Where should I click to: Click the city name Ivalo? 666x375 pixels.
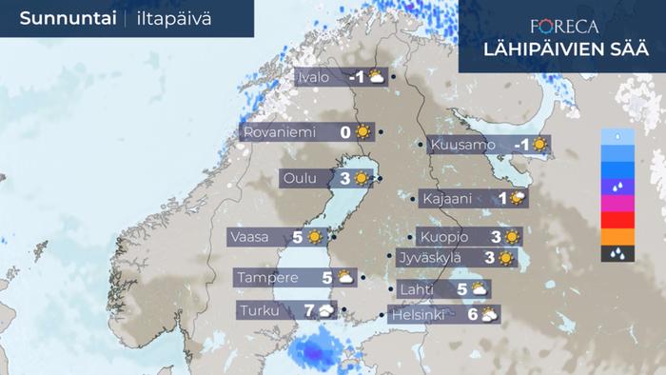(314, 77)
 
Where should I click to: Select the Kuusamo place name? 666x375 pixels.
(462, 146)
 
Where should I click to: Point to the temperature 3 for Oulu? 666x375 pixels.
(344, 178)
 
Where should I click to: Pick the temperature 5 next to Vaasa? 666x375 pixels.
(297, 237)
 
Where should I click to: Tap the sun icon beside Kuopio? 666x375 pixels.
(512, 237)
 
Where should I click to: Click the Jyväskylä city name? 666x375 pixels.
(429, 257)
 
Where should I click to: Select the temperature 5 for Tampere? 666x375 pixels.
(326, 278)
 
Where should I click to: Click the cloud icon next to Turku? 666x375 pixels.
(326, 310)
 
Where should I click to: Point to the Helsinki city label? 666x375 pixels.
(419, 315)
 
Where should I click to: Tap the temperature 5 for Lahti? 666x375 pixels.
(461, 289)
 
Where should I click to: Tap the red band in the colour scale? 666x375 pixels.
(618, 220)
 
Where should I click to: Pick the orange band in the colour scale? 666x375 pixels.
(618, 237)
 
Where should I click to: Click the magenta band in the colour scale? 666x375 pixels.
(618, 204)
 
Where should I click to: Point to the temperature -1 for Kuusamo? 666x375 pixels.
(520, 146)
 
